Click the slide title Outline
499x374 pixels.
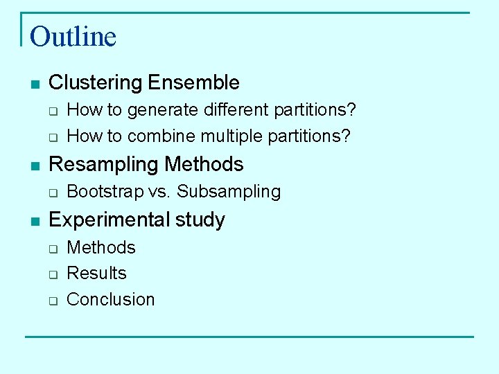[73, 36]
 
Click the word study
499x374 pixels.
[200, 220]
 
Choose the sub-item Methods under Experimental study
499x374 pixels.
[101, 247]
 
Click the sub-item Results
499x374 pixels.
[96, 273]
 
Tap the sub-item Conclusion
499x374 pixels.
[110, 299]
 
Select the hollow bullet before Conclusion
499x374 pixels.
[53, 301]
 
